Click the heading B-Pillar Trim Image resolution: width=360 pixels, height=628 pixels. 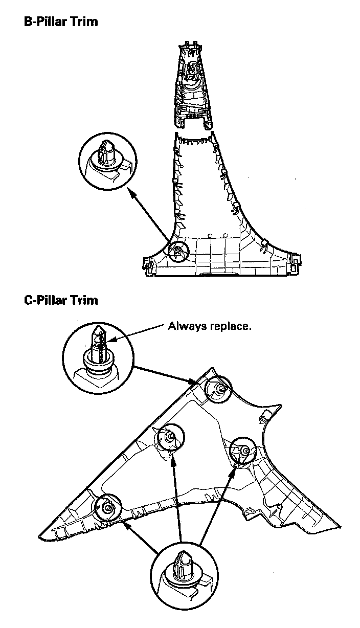coord(61,22)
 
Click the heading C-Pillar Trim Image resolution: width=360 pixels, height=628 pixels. coord(61,300)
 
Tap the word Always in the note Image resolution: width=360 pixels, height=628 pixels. coord(187,326)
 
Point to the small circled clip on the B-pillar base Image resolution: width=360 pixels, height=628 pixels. coord(178,251)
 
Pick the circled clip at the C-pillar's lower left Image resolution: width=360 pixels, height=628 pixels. coord(108,507)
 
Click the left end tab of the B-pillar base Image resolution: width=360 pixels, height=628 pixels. coord(148,266)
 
